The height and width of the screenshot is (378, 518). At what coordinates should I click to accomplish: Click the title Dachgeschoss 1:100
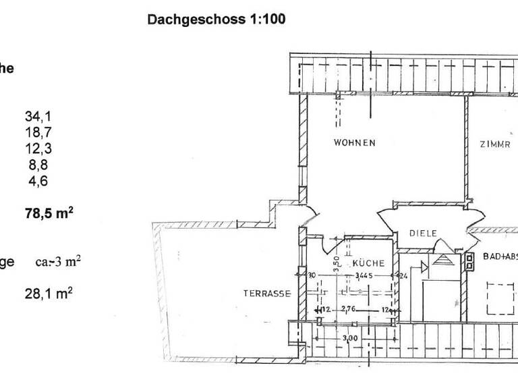point(216,20)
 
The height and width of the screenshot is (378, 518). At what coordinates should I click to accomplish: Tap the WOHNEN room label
point(354,143)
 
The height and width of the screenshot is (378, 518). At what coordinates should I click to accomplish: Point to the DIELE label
point(423,234)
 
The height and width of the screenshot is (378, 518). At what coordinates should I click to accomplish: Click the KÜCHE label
point(368,263)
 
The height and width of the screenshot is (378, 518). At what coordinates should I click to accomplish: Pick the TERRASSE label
point(267,294)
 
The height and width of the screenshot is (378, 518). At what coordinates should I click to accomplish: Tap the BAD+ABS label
point(500,257)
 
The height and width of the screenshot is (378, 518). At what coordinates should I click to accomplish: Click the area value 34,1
point(38,117)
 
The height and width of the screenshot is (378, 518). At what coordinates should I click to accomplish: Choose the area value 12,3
point(38,149)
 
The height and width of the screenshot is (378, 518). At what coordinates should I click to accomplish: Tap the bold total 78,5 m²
point(49,214)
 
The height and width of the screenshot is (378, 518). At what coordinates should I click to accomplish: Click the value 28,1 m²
point(49,294)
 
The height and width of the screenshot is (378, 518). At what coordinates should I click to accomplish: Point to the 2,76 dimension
point(349,309)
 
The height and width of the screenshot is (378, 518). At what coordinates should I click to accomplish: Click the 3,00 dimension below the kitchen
point(350,337)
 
